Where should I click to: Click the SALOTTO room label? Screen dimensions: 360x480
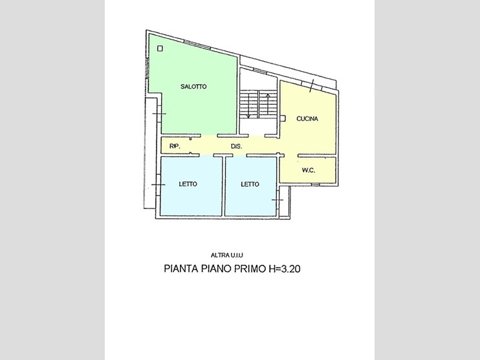click(193, 87)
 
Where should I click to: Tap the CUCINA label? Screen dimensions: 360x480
click(307, 118)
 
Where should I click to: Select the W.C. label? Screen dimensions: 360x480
click(308, 170)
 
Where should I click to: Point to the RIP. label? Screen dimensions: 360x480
click(174, 147)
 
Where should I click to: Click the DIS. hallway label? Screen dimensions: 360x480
click(237, 147)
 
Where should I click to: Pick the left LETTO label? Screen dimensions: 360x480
click(188, 184)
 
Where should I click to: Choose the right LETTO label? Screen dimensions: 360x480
click(250, 184)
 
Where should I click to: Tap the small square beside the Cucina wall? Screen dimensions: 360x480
click(283, 117)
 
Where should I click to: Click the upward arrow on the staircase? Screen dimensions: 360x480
click(268, 104)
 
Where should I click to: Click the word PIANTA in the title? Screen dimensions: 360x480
click(182, 267)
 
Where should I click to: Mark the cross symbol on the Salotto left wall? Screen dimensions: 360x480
click(159, 114)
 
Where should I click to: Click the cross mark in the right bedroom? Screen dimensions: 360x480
click(278, 200)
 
